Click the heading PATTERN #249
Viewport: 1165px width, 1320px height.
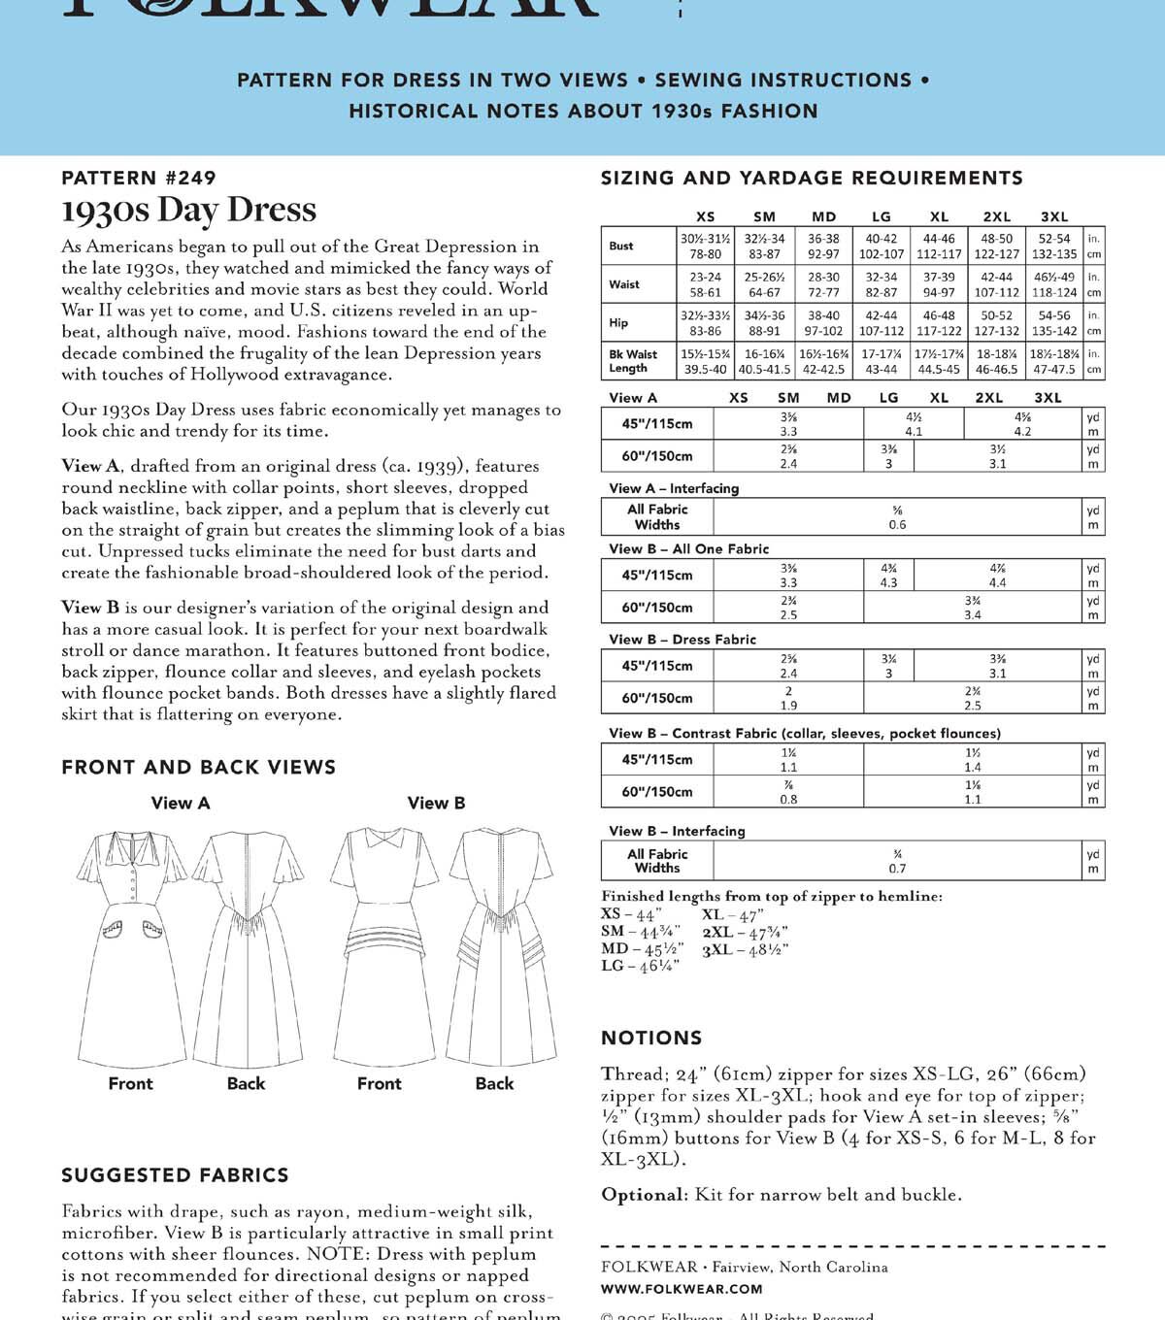coord(138,178)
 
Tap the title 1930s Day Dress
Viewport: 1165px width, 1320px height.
coord(188,210)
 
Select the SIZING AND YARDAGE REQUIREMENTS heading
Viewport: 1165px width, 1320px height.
coord(812,178)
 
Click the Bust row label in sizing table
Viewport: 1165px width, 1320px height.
coord(621,246)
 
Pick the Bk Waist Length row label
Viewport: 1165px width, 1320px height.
coord(632,361)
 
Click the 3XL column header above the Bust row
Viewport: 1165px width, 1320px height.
coord(1053,216)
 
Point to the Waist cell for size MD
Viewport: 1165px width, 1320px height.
coord(823,284)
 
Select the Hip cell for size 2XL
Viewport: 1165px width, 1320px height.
coord(996,323)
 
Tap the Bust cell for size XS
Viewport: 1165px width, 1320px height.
coord(706,246)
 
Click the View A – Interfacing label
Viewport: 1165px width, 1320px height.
coord(674,488)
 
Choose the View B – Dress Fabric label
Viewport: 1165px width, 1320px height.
coord(682,640)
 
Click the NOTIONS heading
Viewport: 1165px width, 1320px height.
coord(651,1038)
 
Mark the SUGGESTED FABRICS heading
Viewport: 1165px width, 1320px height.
coord(175,1175)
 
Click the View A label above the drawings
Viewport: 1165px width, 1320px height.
coord(181,803)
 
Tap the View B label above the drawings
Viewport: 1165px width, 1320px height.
coord(436,803)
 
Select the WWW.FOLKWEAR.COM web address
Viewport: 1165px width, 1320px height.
coord(682,1289)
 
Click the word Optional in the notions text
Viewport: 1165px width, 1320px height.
coord(644,1195)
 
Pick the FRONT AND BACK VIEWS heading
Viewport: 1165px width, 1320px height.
coord(198,767)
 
